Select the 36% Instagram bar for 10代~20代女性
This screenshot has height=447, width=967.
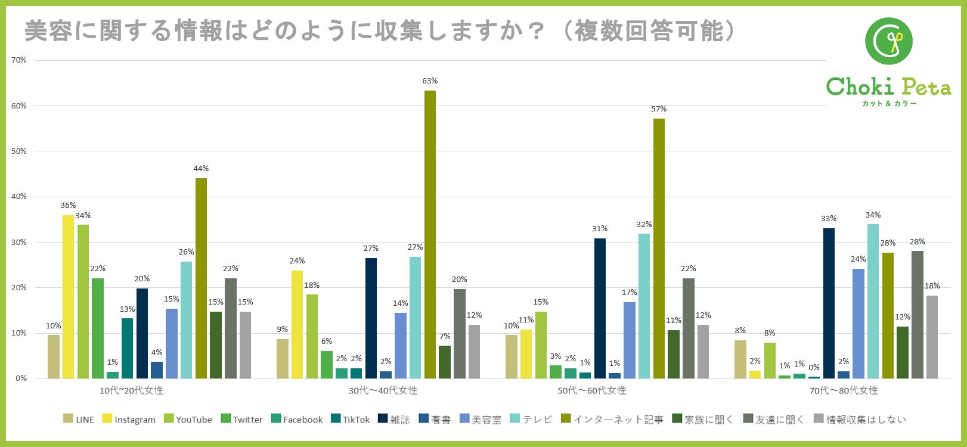(68, 296)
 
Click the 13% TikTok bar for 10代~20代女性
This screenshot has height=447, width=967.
(127, 348)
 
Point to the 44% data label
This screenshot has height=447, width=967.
(201, 169)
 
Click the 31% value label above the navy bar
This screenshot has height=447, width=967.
(600, 229)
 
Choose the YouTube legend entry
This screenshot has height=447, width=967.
(188, 420)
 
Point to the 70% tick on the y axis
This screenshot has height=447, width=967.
(19, 60)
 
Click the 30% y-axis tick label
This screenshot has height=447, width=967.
(19, 242)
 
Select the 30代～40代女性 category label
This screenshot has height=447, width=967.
(383, 391)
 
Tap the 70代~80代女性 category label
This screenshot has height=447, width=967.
(844, 391)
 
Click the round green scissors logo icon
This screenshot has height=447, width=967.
(889, 41)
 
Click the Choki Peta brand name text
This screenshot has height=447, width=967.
(888, 87)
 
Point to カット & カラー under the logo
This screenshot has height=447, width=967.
(889, 104)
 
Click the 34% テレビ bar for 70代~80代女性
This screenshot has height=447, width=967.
(873, 301)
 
